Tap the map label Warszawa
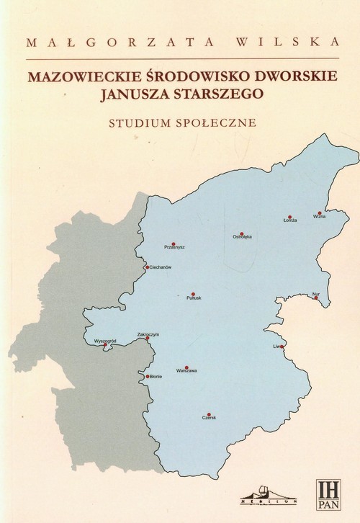pyautogui.click(x=186, y=371)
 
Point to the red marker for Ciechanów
pyautogui.click(x=147, y=267)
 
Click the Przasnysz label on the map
pyautogui.click(x=175, y=247)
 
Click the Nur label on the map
pyautogui.click(x=315, y=293)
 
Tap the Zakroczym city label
pyautogui.click(x=148, y=334)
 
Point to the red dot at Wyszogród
pyautogui.click(x=106, y=346)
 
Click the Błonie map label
pyautogui.click(x=155, y=377)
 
